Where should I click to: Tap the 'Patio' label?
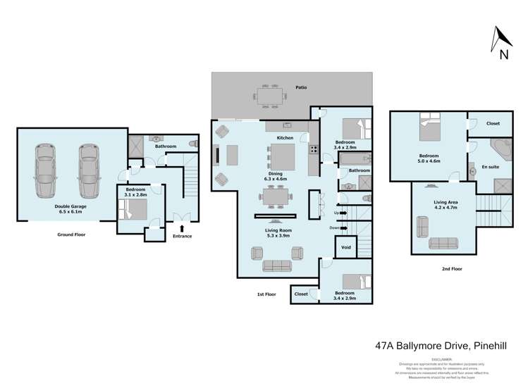point(300,87)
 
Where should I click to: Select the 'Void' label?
point(345,248)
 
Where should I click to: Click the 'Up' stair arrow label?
point(338,212)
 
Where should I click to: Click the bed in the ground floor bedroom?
point(132,208)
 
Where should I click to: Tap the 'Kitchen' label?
point(285,137)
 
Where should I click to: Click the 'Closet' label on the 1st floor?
point(301,294)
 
